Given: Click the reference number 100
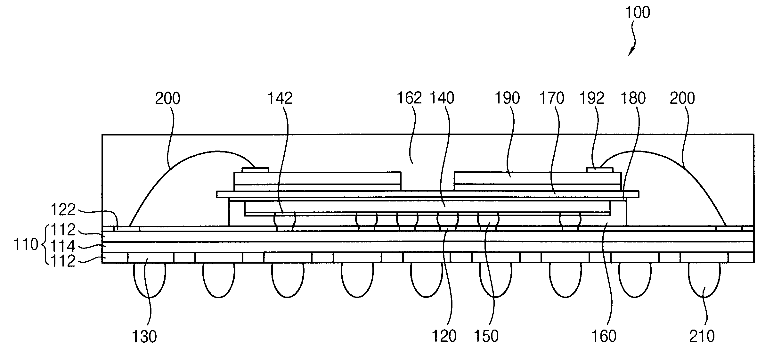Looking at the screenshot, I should pos(637,13).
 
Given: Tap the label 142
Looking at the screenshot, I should pos(280,98).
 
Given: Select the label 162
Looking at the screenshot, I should pos(409,98).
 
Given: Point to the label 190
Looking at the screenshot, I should pos(507,98).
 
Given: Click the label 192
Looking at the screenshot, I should pos(592,98).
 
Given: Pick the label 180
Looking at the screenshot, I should pos(633,98).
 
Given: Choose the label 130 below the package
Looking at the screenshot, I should pos(144,337).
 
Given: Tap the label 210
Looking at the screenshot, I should pos(702,337).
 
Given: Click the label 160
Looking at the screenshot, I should pos(604,337).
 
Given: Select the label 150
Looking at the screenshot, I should pos(486,337).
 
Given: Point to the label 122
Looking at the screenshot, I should pos(63,210).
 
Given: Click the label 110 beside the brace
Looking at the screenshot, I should pos(26,245).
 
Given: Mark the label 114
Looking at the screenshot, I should pos(63,246).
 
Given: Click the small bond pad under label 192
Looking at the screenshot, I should pos(599,169).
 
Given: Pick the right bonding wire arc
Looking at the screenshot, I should pos(679,163).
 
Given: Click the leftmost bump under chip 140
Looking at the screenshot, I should pos(285,220).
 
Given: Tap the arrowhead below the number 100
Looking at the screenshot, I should pos(630,53).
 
